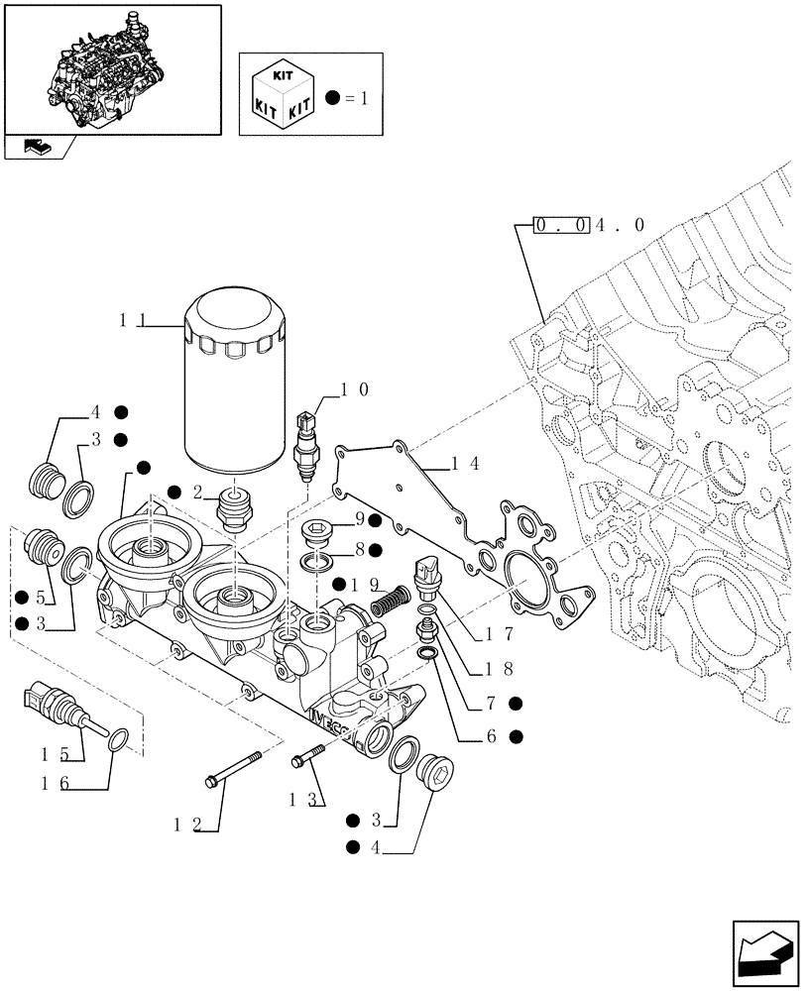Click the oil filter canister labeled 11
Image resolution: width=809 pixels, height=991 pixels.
(x=237, y=383)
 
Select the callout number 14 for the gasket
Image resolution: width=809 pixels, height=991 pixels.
(x=466, y=463)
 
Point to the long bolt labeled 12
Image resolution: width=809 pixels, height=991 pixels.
(x=234, y=770)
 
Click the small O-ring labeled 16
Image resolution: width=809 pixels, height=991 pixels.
(x=117, y=738)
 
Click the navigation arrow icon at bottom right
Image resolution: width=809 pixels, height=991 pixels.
(x=766, y=952)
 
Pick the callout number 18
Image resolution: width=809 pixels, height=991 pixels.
(x=500, y=669)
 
